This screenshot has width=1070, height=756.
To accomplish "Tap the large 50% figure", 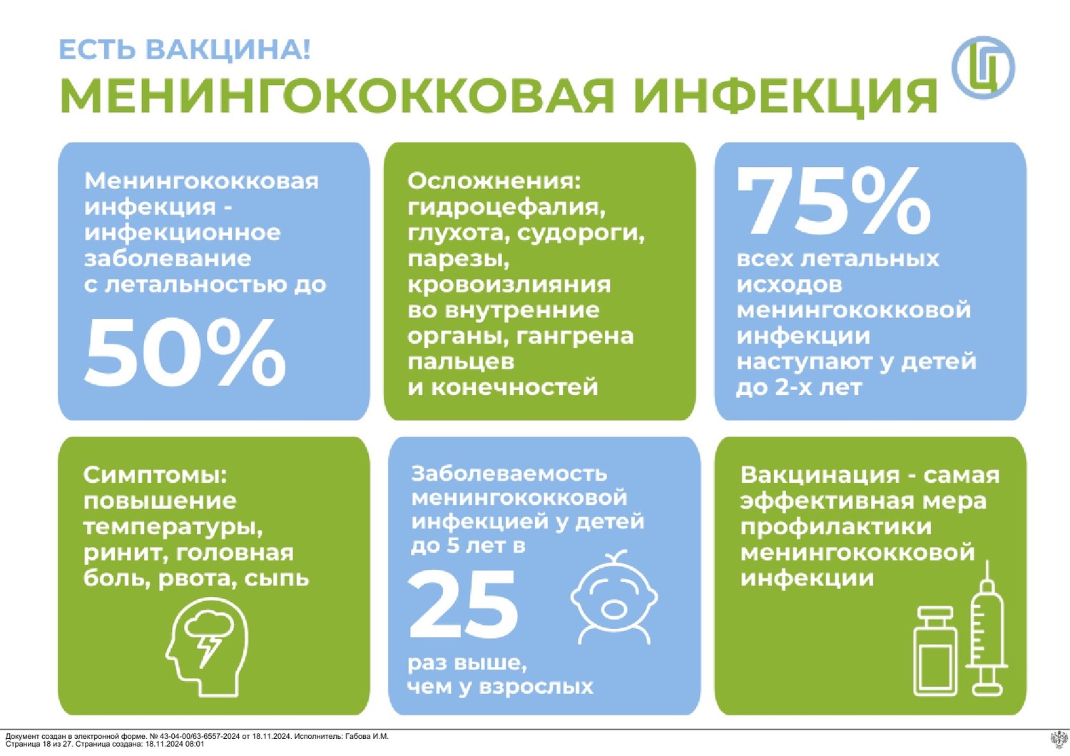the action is (185, 353).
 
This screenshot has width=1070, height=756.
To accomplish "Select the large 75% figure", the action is (834, 201).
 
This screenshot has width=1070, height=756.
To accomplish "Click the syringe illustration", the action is (987, 628).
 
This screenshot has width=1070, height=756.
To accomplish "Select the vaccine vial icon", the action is (934, 651).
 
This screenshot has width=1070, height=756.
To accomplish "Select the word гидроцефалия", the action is (506, 208).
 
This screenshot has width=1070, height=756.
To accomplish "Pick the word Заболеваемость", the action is (509, 474).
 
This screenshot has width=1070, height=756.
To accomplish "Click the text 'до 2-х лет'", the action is (799, 387).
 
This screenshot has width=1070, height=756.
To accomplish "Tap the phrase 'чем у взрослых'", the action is (500, 688).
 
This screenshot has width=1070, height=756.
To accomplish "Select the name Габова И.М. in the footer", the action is (367, 737).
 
